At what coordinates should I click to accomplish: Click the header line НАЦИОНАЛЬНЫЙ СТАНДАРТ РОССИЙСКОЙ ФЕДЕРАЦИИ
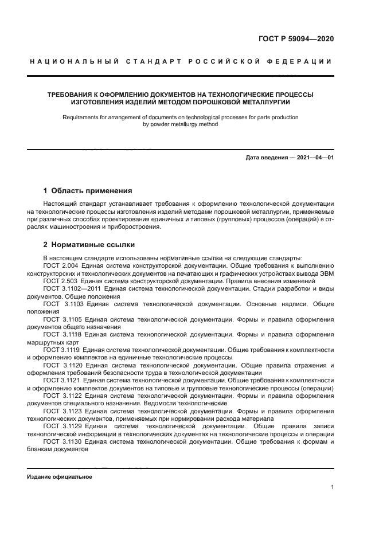point(181,61)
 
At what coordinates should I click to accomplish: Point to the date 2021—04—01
point(315,157)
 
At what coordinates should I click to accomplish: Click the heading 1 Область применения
point(88,190)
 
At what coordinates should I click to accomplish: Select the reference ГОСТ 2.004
point(61,265)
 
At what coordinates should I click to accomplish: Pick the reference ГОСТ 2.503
point(61,280)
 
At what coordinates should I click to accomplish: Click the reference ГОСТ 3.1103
point(63,303)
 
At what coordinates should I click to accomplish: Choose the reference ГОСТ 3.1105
point(63,318)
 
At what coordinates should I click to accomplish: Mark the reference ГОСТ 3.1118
point(63,334)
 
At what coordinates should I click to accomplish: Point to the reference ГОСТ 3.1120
point(63,364)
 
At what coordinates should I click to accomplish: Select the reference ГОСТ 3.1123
point(63,412)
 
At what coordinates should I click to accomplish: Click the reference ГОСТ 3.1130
point(63,443)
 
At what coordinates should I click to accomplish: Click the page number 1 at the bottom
point(332,487)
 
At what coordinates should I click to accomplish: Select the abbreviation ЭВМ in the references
point(325,273)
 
